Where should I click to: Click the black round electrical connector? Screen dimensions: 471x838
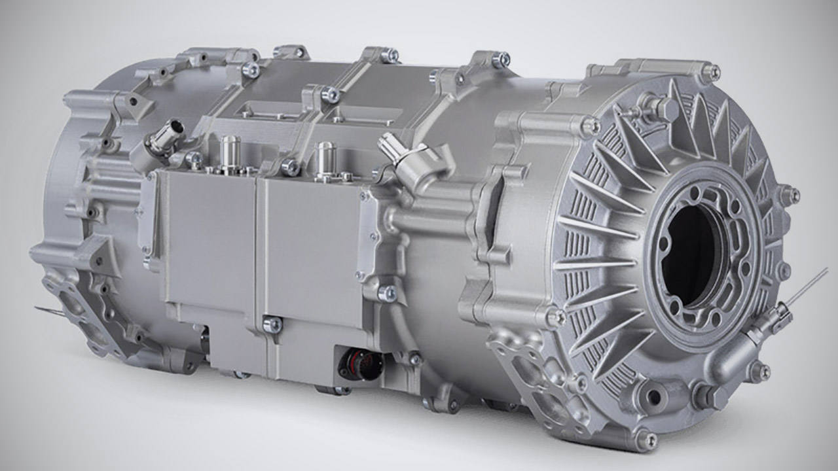pyautogui.click(x=361, y=365)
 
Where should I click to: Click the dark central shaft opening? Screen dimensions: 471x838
pyautogui.click(x=691, y=252)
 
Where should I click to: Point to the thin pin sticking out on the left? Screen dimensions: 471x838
pyautogui.click(x=49, y=310)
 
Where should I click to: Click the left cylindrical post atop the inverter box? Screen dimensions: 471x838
pyautogui.click(x=229, y=152)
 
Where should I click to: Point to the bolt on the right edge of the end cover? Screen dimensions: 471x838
pyautogui.click(x=790, y=194)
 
